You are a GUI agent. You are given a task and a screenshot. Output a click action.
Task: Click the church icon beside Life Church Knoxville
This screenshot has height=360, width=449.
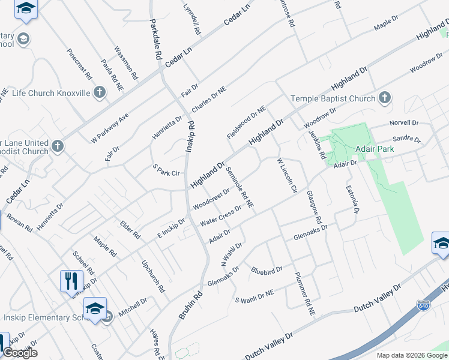pos(100,92)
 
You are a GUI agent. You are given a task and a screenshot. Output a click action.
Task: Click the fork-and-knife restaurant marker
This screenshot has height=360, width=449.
pos(70,281)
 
